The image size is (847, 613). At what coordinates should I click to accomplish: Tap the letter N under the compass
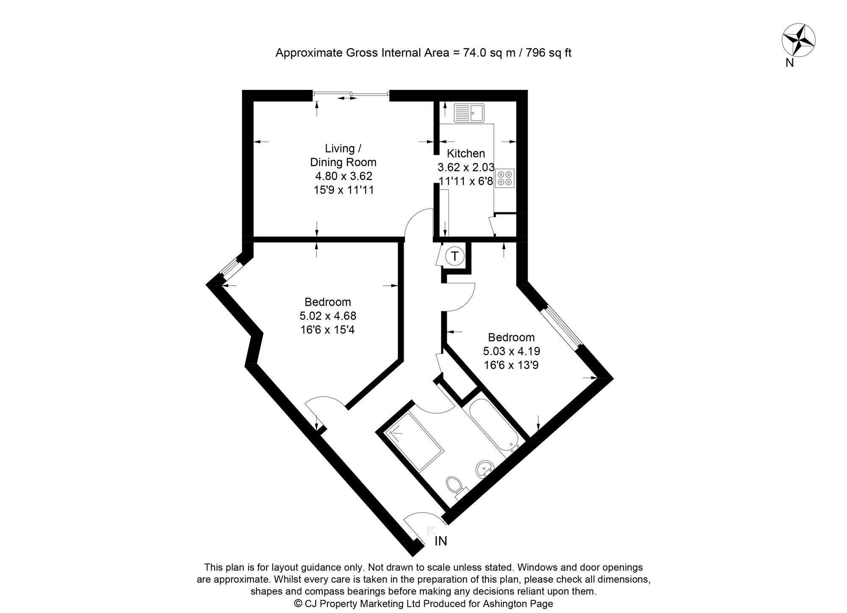pyautogui.click(x=789, y=63)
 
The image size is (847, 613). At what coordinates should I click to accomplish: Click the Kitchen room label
pyautogui.click(x=466, y=153)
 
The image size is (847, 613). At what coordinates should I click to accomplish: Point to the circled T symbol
pyautogui.click(x=455, y=256)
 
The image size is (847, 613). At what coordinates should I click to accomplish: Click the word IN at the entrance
pyautogui.click(x=441, y=541)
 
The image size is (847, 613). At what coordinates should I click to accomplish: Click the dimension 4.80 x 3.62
pyautogui.click(x=343, y=176)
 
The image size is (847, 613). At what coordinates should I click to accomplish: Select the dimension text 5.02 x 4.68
pyautogui.click(x=327, y=316)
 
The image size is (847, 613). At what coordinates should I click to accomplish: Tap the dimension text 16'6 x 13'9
pyautogui.click(x=511, y=365)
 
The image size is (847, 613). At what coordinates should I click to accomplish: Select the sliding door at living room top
pyautogui.click(x=351, y=94)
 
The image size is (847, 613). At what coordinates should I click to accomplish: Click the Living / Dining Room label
pyautogui.click(x=343, y=155)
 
